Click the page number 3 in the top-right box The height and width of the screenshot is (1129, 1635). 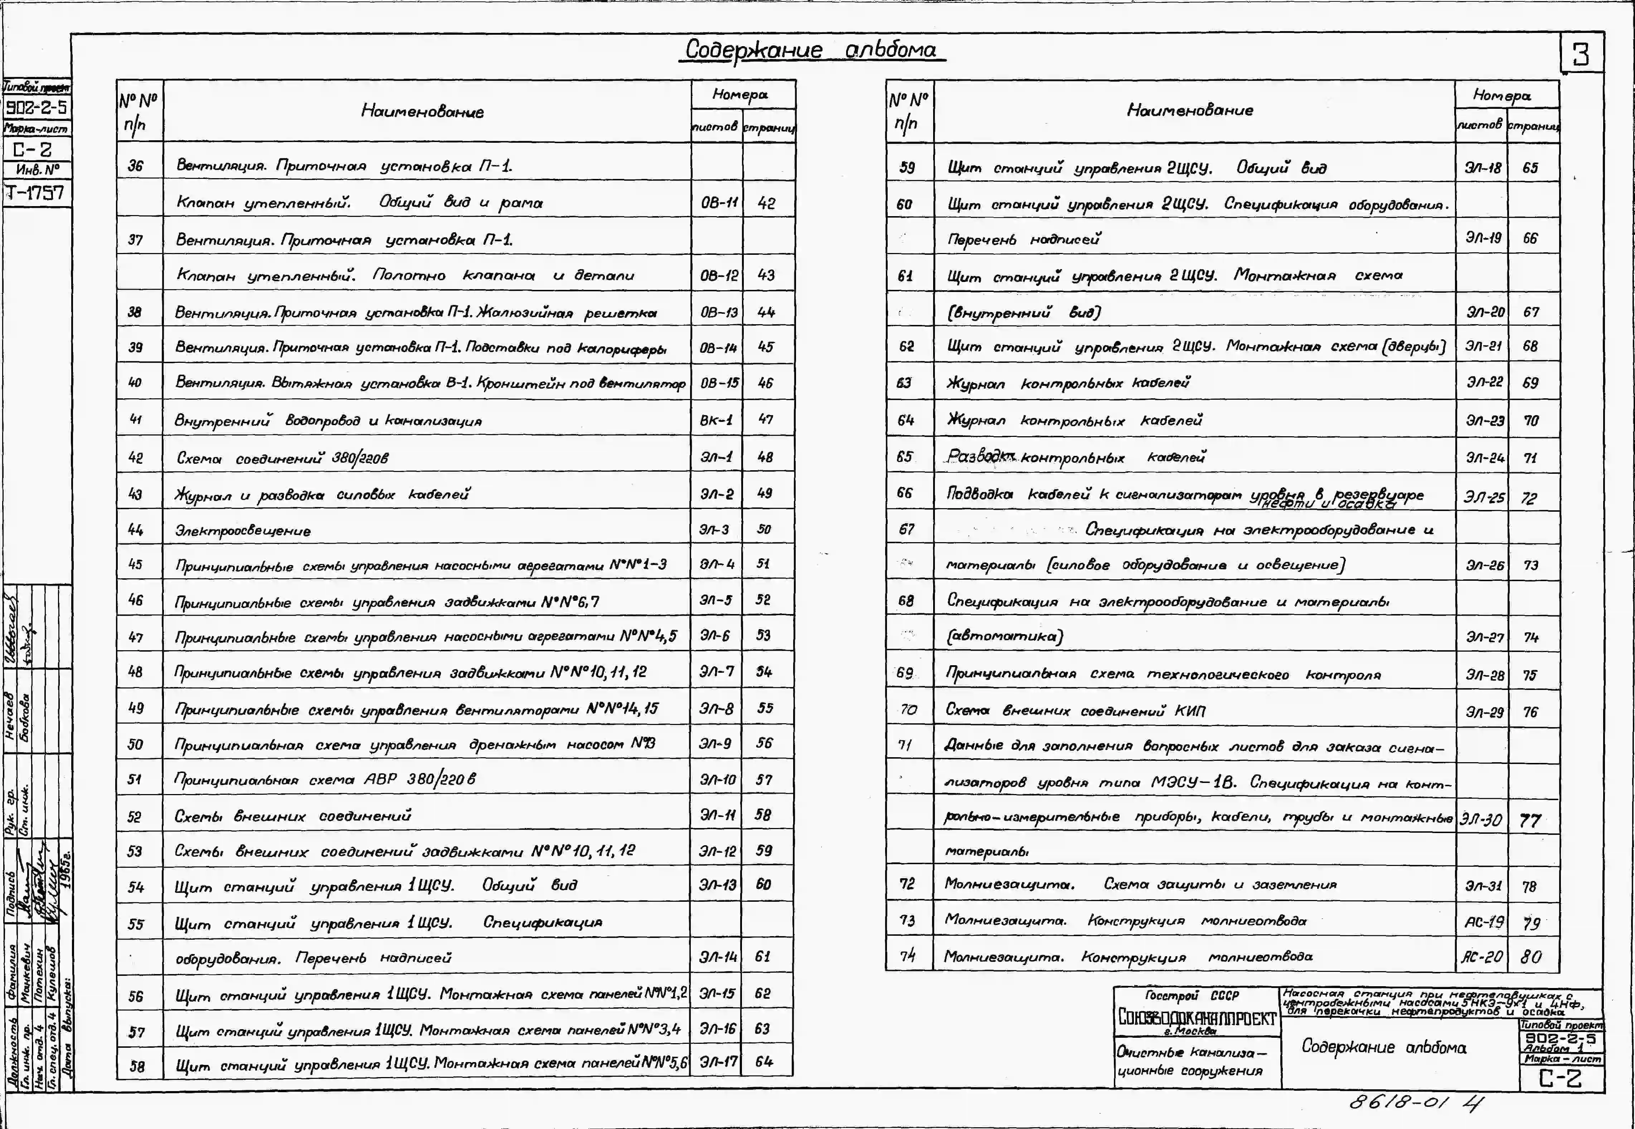click(1581, 54)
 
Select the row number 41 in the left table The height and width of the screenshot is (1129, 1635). click(136, 419)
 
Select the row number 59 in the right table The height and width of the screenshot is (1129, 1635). click(907, 168)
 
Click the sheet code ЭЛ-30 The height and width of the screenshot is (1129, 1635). click(1481, 820)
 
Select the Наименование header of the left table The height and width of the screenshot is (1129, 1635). click(422, 111)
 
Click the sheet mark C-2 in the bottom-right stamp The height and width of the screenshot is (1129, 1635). click(1561, 1078)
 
